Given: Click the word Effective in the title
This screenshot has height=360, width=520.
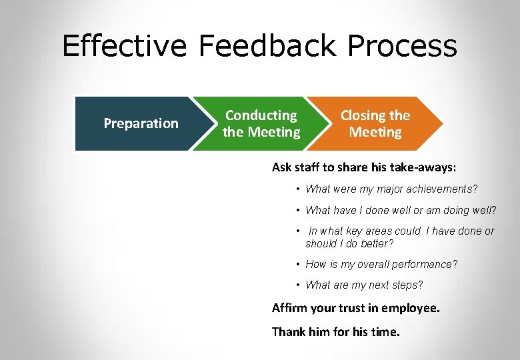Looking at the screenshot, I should click(125, 47).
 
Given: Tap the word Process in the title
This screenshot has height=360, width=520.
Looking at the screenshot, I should click(403, 47).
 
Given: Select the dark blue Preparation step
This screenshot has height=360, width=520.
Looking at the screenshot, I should click(141, 123).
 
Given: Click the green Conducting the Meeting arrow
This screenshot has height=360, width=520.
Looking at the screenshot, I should click(261, 124).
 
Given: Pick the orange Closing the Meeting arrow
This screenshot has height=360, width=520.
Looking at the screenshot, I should click(375, 124).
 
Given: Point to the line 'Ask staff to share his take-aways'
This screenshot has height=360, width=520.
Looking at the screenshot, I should click(364, 167).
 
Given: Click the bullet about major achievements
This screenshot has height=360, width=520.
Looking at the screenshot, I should click(391, 189).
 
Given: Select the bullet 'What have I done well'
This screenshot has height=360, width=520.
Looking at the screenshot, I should click(401, 211).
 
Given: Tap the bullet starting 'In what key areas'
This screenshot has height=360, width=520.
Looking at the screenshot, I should click(400, 237).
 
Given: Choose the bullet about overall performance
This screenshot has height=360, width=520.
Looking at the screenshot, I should click(381, 264).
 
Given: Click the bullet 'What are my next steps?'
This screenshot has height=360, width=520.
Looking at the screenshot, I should click(364, 285).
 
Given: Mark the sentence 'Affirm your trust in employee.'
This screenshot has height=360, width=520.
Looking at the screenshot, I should click(356, 308).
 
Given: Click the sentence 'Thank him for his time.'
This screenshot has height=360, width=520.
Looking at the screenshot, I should click(336, 331).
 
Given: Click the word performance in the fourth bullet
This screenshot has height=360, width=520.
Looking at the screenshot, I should click(427, 264).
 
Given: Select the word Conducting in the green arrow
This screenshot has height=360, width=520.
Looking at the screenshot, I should click(261, 115).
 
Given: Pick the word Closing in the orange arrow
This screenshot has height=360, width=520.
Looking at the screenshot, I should click(363, 115).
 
